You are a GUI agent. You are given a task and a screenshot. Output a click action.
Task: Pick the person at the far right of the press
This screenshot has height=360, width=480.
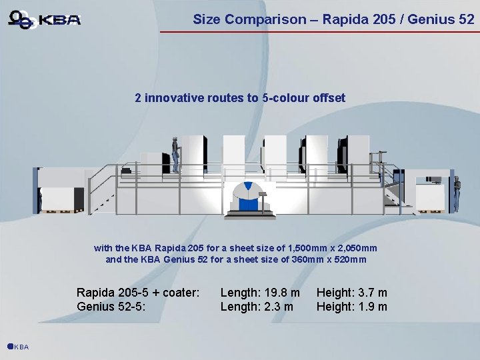[457, 193]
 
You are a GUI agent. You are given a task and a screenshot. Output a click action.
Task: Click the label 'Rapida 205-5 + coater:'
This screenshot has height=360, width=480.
[138, 293]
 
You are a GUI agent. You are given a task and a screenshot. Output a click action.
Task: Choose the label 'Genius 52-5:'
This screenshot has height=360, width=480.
[111, 307]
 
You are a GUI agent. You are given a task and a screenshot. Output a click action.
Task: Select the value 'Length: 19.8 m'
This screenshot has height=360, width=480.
[260, 293]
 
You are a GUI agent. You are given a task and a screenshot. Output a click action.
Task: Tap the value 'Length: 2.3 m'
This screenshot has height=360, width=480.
[257, 307]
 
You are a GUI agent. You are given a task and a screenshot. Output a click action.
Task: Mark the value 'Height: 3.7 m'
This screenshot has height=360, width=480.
[351, 293]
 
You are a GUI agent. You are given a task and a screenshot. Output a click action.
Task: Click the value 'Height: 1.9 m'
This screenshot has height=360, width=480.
[351, 307]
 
